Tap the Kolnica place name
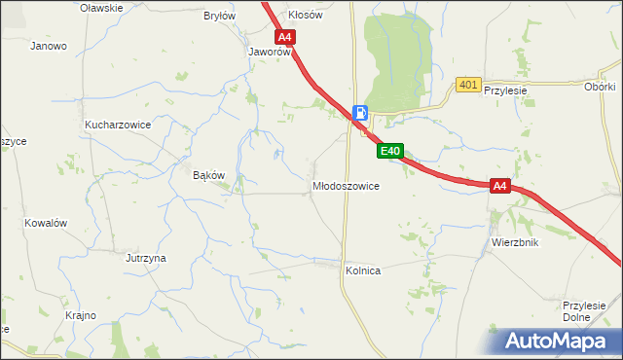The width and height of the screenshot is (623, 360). (362, 270)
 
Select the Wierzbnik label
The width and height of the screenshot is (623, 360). (515, 242)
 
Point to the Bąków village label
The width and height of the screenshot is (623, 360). (209, 175)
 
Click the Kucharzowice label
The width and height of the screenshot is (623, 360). (117, 126)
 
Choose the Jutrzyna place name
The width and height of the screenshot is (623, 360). (146, 258)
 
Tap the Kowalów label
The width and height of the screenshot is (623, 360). (46, 223)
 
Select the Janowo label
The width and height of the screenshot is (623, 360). (49, 46)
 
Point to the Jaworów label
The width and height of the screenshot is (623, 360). (271, 53)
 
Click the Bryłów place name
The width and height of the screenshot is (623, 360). (219, 16)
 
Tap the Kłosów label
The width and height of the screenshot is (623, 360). (305, 16)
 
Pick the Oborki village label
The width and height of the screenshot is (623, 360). (600, 86)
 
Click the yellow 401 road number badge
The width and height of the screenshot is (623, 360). (468, 86)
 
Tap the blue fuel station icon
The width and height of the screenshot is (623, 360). (360, 113)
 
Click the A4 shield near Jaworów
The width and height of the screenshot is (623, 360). (284, 38)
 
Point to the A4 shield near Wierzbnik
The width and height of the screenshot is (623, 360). (500, 186)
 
